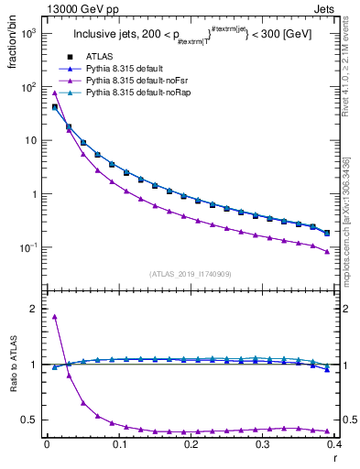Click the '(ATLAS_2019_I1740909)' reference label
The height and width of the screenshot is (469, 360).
[x=191, y=274]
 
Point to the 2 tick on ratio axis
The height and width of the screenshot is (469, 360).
[x=35, y=309]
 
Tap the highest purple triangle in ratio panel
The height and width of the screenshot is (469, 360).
[x=55, y=317]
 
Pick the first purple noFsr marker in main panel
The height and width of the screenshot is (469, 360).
[x=55, y=93]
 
